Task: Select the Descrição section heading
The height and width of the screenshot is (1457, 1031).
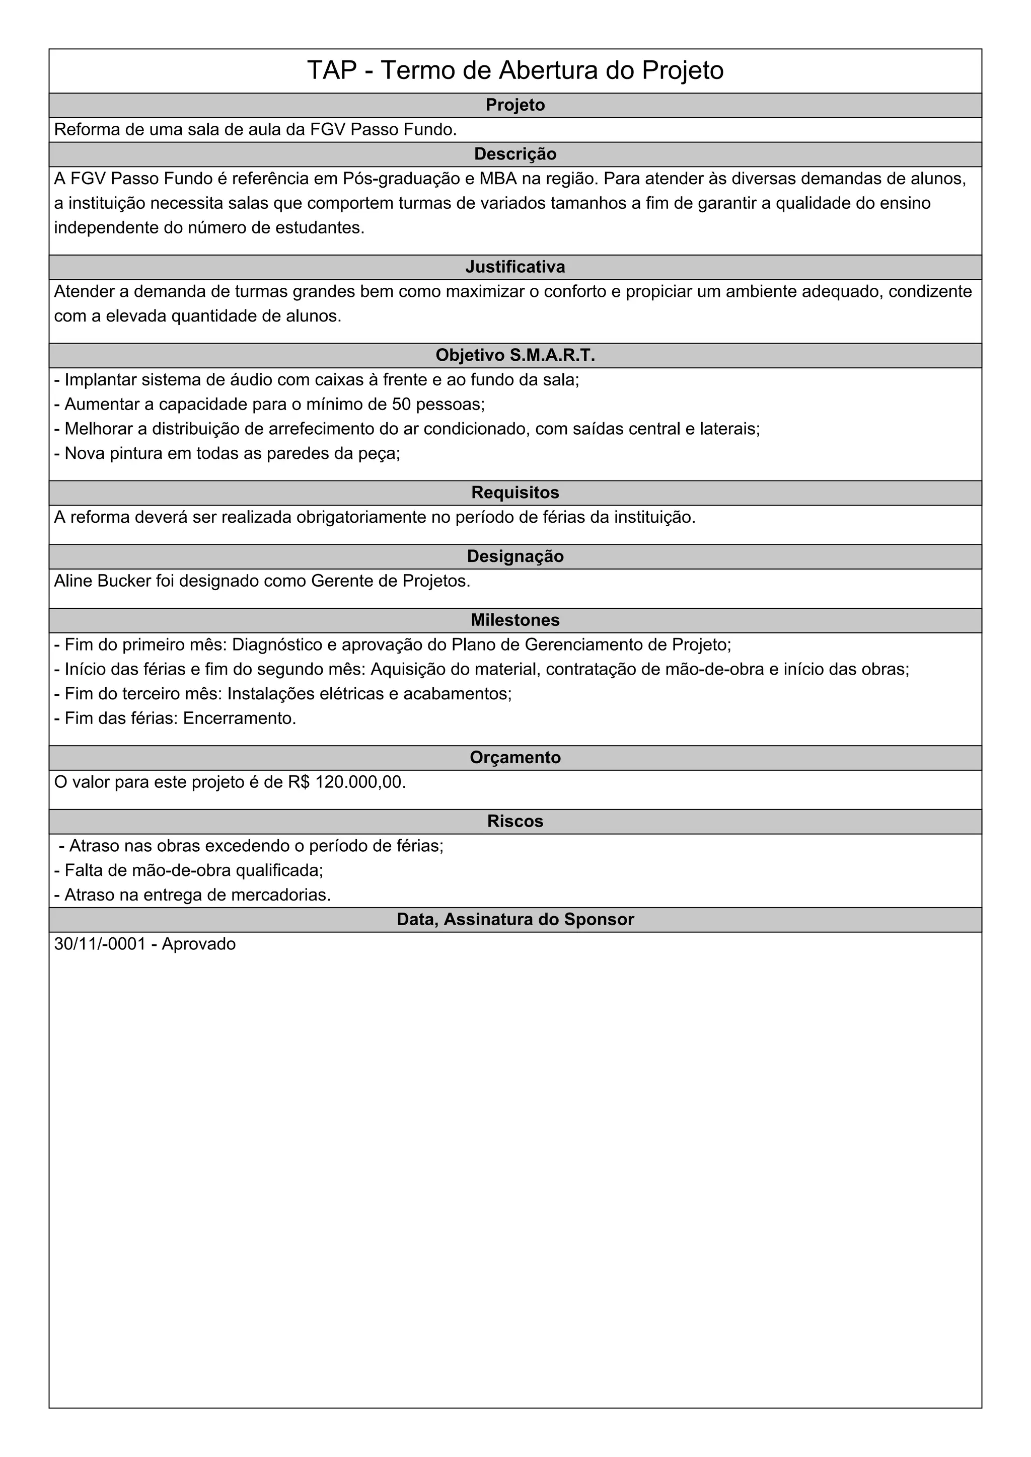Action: tap(515, 154)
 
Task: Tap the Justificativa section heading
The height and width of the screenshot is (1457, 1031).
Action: tap(515, 267)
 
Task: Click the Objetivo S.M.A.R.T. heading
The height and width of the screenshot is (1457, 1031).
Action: tap(515, 355)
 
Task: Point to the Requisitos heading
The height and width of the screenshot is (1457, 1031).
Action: tap(515, 493)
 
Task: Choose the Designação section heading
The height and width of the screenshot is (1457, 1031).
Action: tap(515, 556)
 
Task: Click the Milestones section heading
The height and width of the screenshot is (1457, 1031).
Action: tap(515, 620)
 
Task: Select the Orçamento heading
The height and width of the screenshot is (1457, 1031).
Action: tap(515, 758)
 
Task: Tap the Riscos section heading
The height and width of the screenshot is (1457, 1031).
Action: tap(515, 821)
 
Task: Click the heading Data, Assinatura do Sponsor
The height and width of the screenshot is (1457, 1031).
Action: tap(515, 920)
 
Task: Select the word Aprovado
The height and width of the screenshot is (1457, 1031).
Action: tap(199, 944)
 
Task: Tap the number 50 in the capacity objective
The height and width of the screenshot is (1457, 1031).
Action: tap(401, 404)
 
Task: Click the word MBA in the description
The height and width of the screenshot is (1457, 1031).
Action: tap(498, 179)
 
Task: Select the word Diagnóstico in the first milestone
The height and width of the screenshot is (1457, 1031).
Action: tap(277, 645)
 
